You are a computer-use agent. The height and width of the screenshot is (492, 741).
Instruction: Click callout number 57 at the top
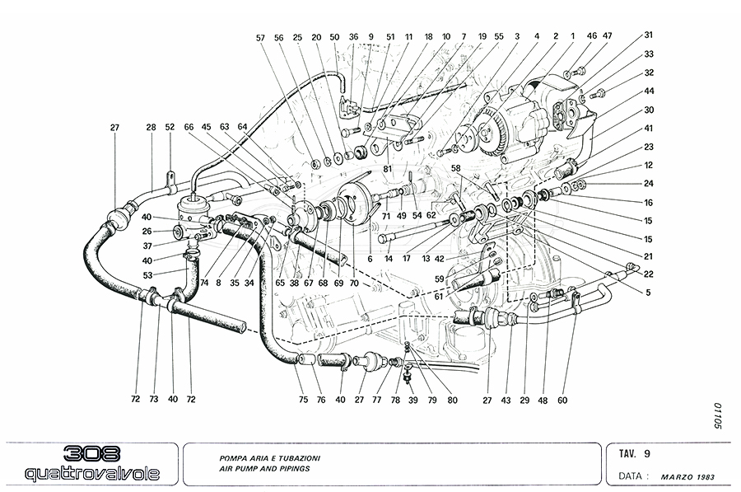[x=260, y=38]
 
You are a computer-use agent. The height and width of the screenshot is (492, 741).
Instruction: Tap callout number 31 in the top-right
[x=649, y=35]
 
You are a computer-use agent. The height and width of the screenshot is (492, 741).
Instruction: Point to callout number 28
[x=151, y=127]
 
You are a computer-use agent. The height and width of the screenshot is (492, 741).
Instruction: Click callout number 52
[x=170, y=127]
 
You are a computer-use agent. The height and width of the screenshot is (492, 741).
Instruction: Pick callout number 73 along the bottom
[x=153, y=399]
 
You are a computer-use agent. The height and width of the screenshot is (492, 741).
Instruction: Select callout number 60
[x=562, y=401]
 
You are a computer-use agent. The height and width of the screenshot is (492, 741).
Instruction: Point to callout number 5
[x=649, y=292]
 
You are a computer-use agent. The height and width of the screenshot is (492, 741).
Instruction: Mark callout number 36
[x=353, y=38]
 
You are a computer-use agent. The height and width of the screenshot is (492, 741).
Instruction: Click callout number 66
[x=189, y=127]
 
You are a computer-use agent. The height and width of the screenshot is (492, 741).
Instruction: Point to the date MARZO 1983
[x=688, y=476]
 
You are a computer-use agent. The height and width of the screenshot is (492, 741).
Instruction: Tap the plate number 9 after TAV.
[x=647, y=453]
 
